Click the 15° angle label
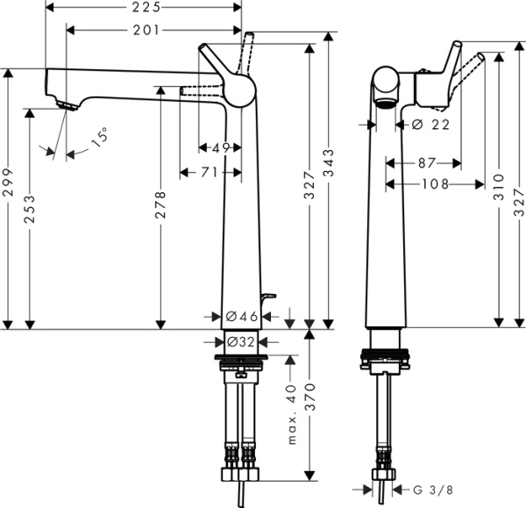99,137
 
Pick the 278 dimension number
160,209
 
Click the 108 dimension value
435,184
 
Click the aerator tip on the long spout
66,105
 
